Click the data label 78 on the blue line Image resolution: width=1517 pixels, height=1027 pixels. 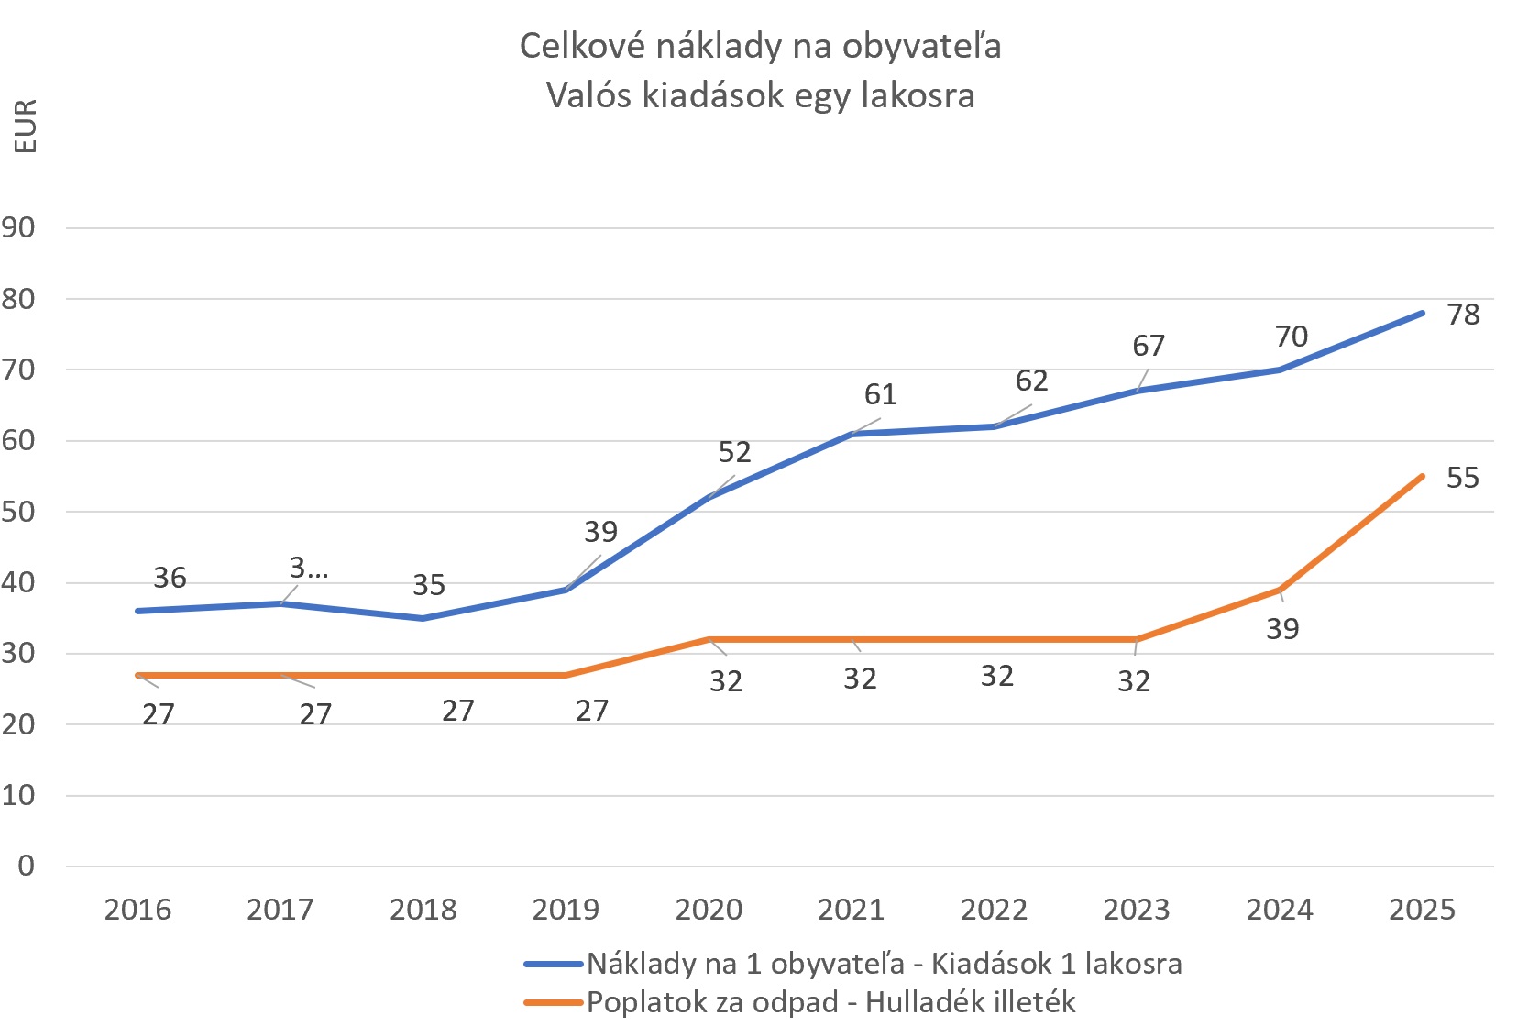(1463, 315)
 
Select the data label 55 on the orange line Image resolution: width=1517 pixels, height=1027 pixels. (1462, 478)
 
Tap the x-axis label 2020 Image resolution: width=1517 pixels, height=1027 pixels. (709, 910)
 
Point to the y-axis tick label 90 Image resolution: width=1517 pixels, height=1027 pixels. (18, 228)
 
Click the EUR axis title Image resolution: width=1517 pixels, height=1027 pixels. (25, 127)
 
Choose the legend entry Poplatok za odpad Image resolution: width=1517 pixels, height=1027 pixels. (830, 1002)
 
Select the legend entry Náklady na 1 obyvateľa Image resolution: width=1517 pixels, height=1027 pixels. (884, 964)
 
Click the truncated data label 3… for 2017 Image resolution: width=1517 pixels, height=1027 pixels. (309, 569)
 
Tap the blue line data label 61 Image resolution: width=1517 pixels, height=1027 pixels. (880, 394)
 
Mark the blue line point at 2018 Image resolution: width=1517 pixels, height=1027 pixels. (423, 618)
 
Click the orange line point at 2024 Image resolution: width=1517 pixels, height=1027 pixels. (1280, 590)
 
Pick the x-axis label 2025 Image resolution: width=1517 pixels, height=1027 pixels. (1422, 910)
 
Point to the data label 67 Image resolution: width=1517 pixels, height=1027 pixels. (1149, 346)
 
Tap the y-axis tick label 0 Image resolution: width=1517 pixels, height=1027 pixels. (26, 866)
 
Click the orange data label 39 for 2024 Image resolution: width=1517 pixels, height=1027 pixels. (1282, 629)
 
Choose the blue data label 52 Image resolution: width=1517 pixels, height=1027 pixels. (734, 452)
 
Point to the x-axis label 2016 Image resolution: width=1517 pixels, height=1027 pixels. (137, 910)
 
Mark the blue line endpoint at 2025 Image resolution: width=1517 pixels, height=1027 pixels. (1423, 313)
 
